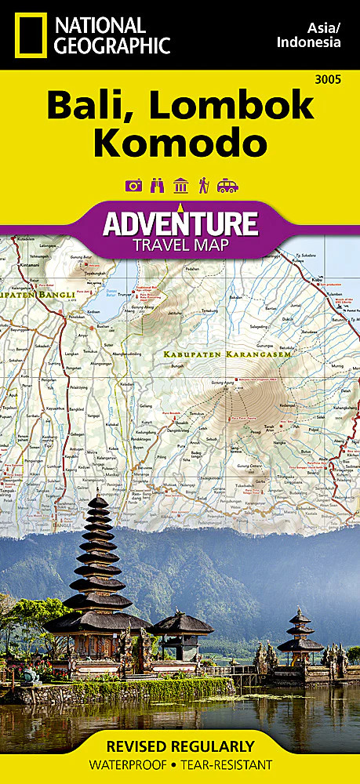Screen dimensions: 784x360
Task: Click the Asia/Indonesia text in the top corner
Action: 310,34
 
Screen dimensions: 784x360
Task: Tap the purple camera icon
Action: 133,186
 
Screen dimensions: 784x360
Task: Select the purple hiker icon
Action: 204,186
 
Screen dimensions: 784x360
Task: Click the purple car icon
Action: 227,186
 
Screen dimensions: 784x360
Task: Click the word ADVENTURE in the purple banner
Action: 180,223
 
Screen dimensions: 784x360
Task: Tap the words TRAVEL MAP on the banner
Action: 180,246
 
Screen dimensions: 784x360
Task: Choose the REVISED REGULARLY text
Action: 180,746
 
